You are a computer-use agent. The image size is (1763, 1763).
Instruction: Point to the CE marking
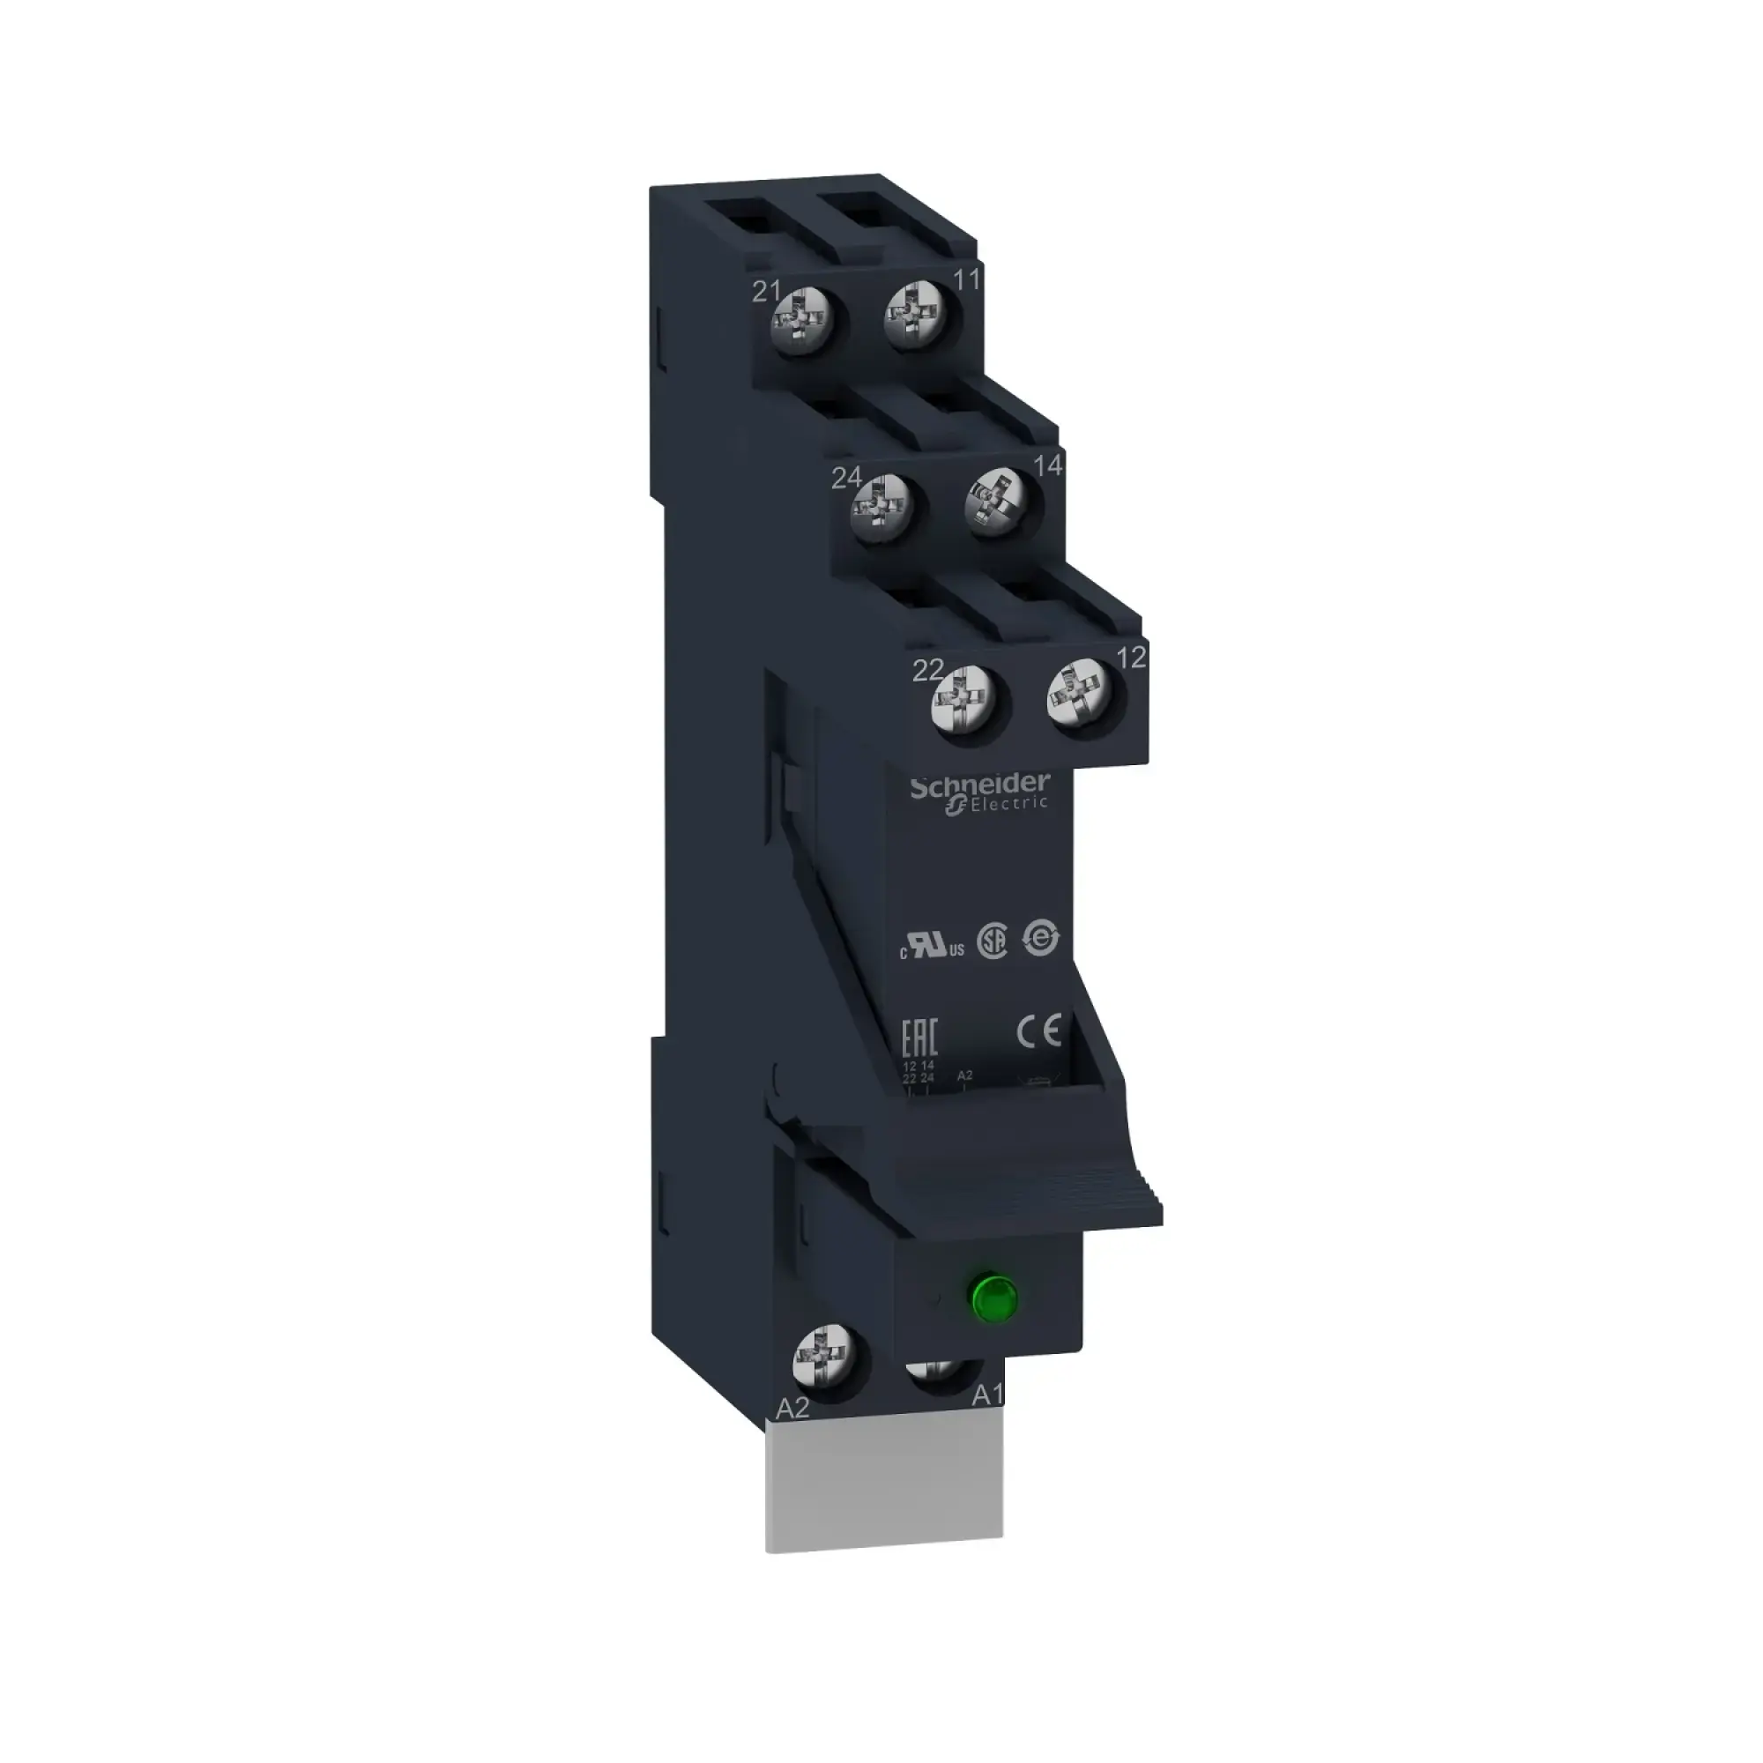coord(1039,1032)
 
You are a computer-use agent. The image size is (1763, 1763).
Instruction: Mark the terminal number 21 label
coord(766,291)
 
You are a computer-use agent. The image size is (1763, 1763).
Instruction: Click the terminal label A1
coord(987,1421)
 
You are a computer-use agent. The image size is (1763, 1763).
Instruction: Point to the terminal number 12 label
coord(1131,656)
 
